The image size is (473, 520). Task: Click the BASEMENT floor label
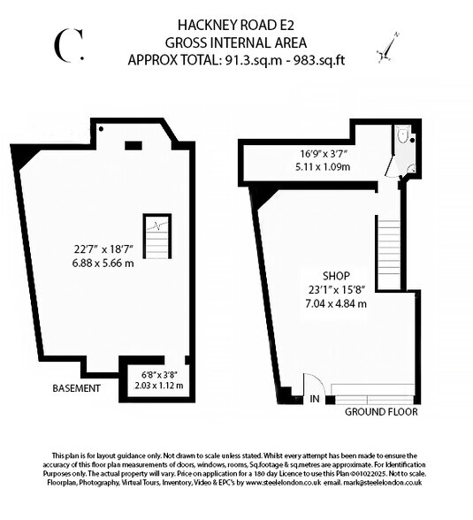(x=76, y=388)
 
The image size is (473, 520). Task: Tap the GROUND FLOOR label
(x=381, y=412)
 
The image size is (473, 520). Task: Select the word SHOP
(x=336, y=276)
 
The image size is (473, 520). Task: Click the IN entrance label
(x=315, y=399)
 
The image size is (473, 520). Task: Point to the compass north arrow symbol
(x=388, y=48)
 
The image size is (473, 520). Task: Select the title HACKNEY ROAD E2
(x=236, y=25)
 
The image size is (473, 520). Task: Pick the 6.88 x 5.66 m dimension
(x=103, y=264)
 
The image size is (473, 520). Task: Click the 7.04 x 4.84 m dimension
(x=336, y=303)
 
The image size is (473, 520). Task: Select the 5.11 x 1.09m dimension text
(x=323, y=166)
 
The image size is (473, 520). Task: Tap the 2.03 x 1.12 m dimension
(x=159, y=386)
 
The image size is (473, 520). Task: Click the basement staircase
(x=157, y=236)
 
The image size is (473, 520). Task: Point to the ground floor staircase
(x=389, y=254)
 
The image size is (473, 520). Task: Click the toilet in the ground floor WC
(x=402, y=135)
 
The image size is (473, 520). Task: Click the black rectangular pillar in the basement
(x=134, y=146)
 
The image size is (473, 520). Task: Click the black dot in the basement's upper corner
(x=101, y=129)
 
